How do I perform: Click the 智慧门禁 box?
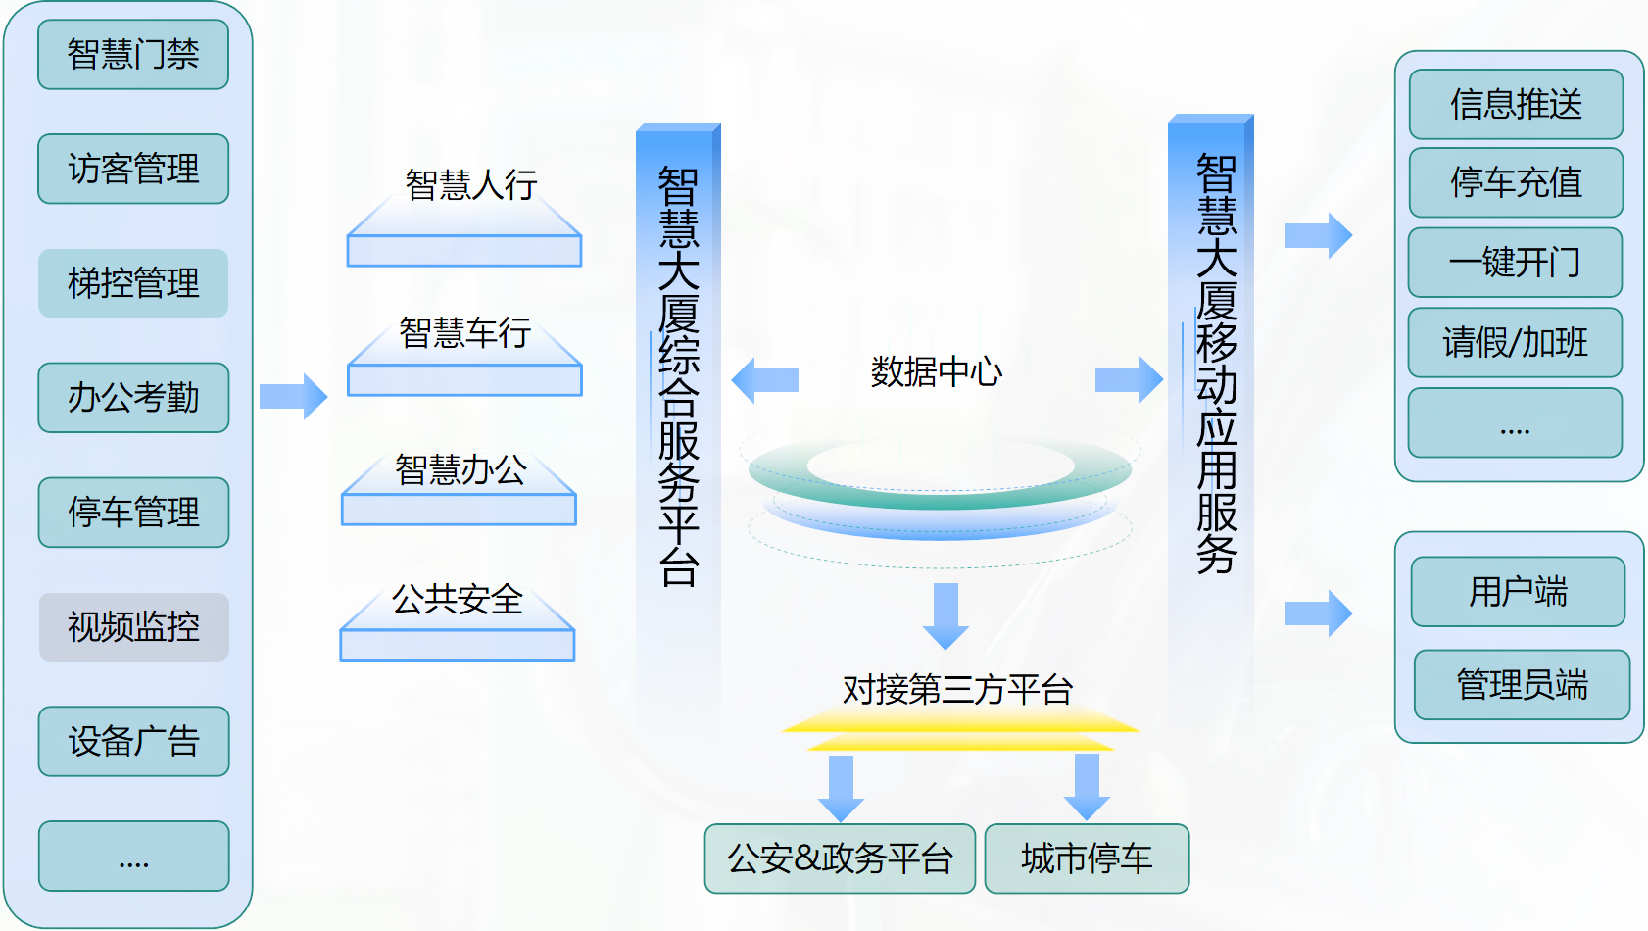click(133, 55)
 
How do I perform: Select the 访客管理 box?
click(133, 169)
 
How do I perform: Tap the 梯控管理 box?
click(133, 283)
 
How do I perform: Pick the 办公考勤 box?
click(133, 398)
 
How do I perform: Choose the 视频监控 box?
click(133, 627)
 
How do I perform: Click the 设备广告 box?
click(133, 741)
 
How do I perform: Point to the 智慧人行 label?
click(471, 184)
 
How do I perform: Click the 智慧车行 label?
click(465, 332)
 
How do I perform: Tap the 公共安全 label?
click(457, 599)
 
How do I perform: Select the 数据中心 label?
click(936, 371)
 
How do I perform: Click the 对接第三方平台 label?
click(957, 690)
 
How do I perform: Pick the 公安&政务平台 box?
click(841, 858)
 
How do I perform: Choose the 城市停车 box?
click(1087, 858)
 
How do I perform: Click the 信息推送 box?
click(1516, 105)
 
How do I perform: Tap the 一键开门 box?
click(1515, 263)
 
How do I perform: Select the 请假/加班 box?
click(1515, 342)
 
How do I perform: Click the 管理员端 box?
click(1523, 685)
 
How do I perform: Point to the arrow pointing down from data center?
click(945, 616)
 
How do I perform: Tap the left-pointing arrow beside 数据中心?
click(764, 380)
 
